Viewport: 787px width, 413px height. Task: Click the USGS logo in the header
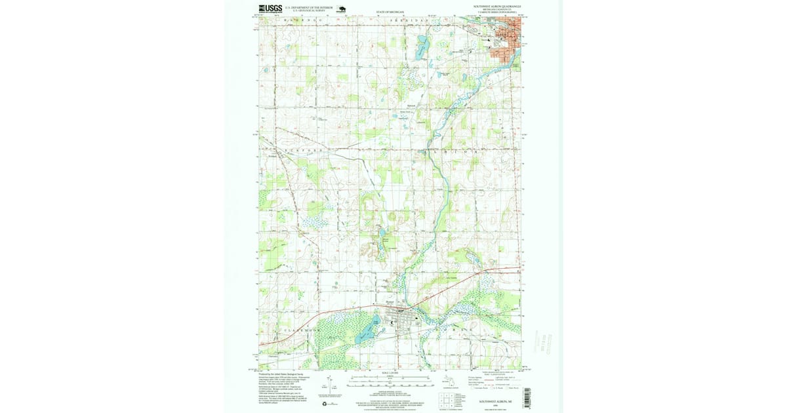click(x=270, y=9)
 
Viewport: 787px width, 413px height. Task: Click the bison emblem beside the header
click(x=342, y=9)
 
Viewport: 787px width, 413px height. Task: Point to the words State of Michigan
click(x=390, y=12)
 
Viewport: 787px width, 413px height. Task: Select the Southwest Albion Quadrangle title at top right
click(x=501, y=6)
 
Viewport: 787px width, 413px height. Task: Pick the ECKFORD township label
click(x=299, y=151)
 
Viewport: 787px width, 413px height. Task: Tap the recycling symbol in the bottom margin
click(x=325, y=404)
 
